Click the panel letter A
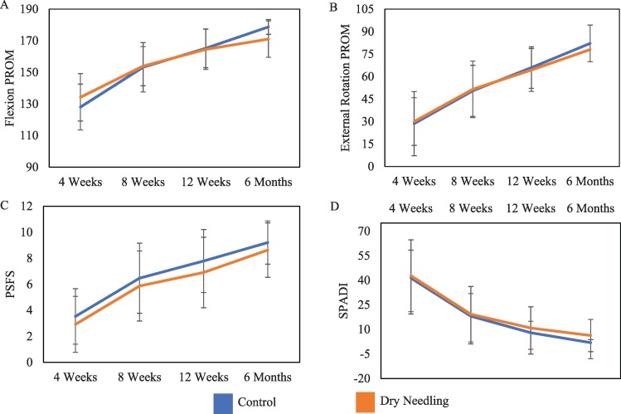tap(6, 6)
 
